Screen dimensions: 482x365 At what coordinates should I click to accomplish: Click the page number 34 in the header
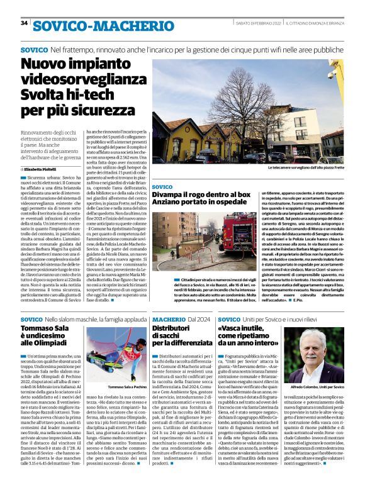(25, 23)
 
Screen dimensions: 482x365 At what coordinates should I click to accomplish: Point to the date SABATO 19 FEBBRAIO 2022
(254, 23)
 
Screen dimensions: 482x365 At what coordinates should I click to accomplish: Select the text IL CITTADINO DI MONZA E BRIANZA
(315, 23)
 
